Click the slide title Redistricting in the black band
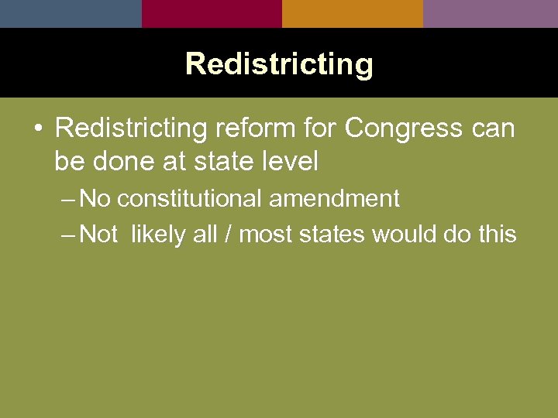pos(279,63)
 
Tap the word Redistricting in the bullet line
pos(132,128)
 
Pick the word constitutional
pos(190,199)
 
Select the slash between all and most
pos(228,233)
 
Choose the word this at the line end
pos(497,233)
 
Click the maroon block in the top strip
pos(212,13)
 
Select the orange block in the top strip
pos(353,13)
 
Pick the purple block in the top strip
pos(491,13)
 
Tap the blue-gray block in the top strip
pos(71,13)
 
